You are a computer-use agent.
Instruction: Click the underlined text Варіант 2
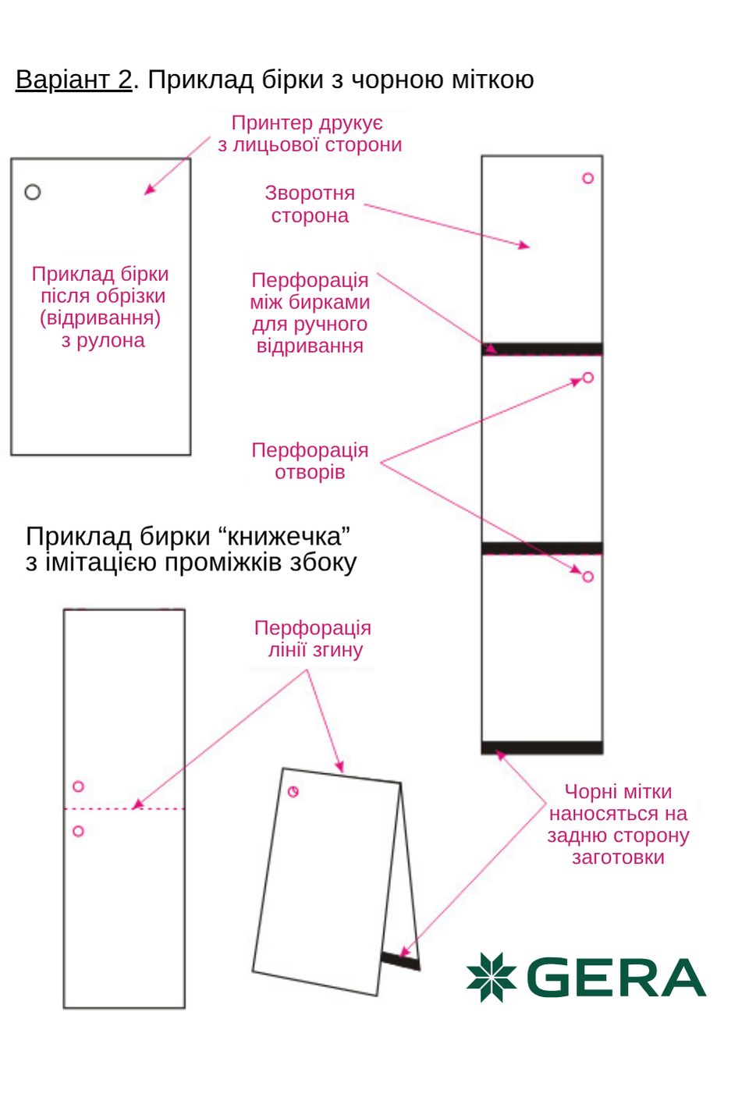[74, 80]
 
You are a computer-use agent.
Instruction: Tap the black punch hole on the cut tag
[33, 192]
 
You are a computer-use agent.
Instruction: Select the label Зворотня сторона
[310, 204]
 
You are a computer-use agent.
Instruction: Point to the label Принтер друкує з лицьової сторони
[309, 133]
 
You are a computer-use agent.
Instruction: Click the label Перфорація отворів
[310, 461]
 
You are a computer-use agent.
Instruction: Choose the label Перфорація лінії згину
[313, 639]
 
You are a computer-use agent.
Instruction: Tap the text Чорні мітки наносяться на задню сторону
[618, 824]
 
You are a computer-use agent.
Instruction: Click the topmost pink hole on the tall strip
[588, 179]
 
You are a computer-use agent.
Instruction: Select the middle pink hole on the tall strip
[588, 378]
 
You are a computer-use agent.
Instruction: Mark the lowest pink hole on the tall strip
[588, 577]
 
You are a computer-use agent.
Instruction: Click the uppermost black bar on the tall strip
[542, 348]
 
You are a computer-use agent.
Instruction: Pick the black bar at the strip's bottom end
[542, 747]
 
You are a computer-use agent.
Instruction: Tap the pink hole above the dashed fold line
[78, 786]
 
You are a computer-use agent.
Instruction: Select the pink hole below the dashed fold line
[78, 832]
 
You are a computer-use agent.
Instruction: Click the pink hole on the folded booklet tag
[293, 792]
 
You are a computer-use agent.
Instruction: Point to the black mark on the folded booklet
[400, 960]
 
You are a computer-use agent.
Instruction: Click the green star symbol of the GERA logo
[491, 977]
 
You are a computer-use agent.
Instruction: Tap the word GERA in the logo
[616, 978]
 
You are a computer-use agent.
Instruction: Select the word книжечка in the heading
[284, 537]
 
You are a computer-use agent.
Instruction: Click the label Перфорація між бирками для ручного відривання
[310, 313]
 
